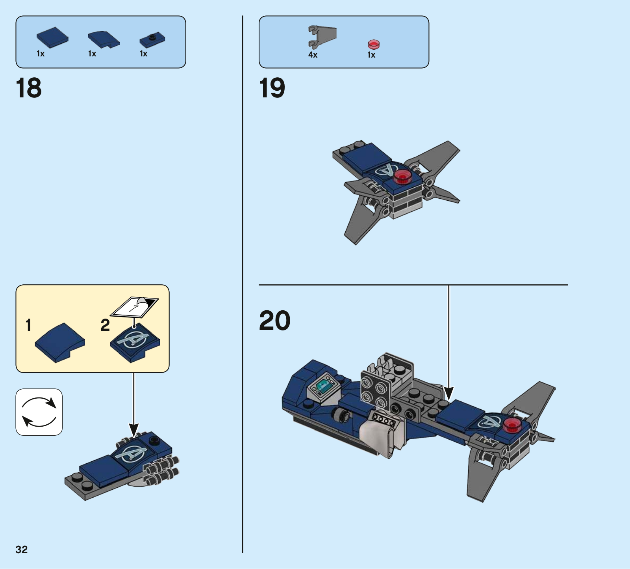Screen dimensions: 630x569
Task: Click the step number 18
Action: click(x=29, y=88)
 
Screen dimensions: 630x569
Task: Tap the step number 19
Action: click(x=272, y=88)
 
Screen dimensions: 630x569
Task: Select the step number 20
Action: click(x=275, y=321)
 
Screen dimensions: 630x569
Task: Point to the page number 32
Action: click(x=22, y=550)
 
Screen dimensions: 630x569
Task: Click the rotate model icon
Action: click(x=39, y=412)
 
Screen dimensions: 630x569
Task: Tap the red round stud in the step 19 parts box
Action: click(x=373, y=44)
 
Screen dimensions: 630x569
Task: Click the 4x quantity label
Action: click(x=313, y=55)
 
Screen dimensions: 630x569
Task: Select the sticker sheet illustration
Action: click(x=134, y=307)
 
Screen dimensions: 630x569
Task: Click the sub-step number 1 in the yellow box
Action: click(x=28, y=325)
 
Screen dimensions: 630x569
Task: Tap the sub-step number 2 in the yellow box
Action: click(x=105, y=325)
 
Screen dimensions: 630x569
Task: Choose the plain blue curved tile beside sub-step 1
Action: click(x=60, y=343)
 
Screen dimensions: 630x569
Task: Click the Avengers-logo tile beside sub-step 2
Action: click(x=135, y=343)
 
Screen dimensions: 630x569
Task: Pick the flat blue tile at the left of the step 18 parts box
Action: click(x=52, y=37)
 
